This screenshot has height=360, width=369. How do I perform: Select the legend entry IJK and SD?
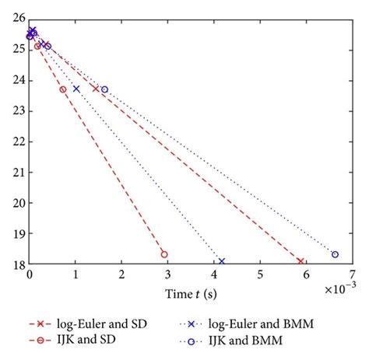[76, 340]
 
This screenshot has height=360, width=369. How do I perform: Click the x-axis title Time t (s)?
[191, 293]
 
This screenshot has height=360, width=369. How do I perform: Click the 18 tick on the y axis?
[19, 264]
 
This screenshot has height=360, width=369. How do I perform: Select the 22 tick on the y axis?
[19, 142]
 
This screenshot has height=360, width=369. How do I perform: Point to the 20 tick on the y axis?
[19, 203]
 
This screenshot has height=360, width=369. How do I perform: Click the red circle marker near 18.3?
[164, 254]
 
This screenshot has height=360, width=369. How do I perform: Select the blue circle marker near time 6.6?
[335, 254]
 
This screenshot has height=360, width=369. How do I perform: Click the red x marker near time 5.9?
[300, 261]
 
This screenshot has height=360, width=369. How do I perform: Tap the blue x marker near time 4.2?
[222, 261]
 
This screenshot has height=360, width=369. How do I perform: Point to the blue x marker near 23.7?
[76, 89]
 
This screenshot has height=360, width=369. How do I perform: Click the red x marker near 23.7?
[96, 89]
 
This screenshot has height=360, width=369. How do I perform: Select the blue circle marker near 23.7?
[104, 89]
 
